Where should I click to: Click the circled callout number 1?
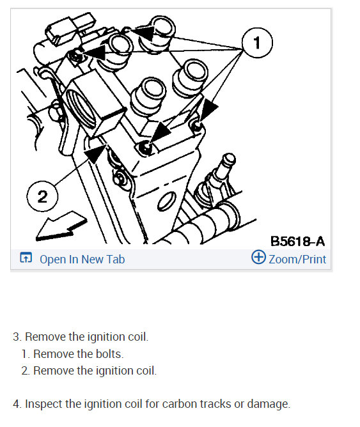point(257,43)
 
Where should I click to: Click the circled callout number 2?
point(42,196)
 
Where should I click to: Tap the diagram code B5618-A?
point(297,241)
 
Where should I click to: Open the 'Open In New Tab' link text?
point(82,260)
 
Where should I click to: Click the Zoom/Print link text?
point(297,260)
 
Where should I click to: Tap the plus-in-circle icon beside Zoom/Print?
point(258,257)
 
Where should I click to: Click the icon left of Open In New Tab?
point(26,258)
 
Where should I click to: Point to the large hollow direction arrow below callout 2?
point(61,226)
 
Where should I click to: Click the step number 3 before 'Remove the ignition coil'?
point(16,337)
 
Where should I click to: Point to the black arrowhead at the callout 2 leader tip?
point(95,154)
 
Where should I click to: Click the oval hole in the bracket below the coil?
point(167,201)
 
